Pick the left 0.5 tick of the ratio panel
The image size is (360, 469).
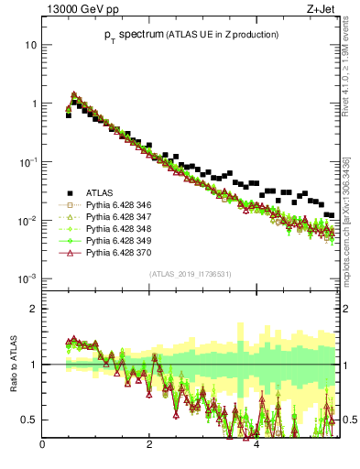(x=30, y=420)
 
